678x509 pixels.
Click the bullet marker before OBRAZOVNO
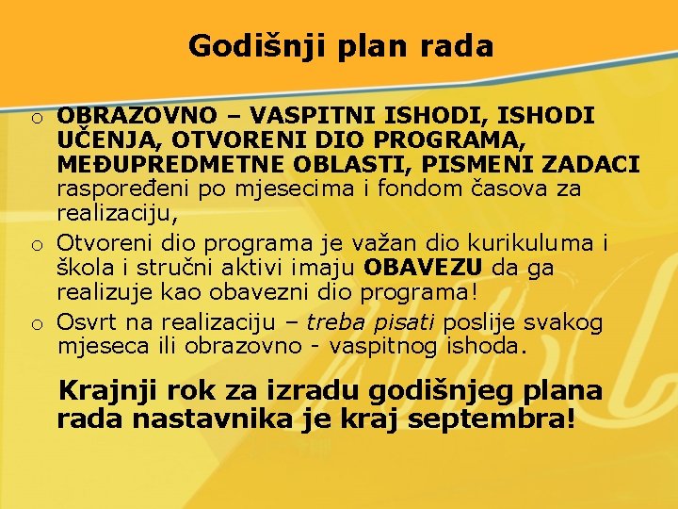tap(34, 118)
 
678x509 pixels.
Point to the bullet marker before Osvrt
tap(34, 324)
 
